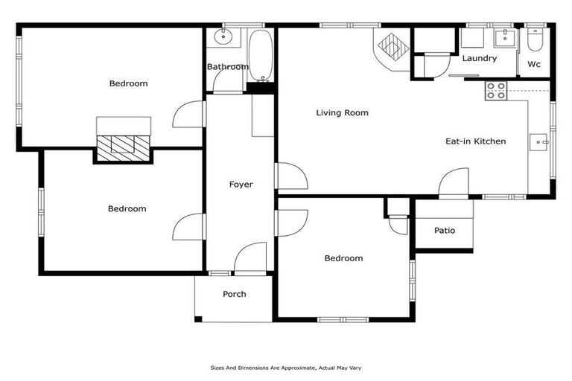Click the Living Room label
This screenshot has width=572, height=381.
342,113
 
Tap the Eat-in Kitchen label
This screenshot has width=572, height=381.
475,141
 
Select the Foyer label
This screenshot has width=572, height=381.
241,185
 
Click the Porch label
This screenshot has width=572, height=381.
234,294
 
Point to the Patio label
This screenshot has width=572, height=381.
444,230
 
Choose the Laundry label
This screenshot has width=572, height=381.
479,58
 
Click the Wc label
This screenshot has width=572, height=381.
534,64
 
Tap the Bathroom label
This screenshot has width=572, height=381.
227,67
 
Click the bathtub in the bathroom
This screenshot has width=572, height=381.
261,55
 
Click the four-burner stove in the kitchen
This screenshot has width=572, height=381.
496,91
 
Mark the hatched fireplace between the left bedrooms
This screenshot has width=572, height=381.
123,144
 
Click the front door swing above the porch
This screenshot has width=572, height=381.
250,258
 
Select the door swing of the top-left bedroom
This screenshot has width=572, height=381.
190,115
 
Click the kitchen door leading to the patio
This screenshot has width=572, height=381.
454,183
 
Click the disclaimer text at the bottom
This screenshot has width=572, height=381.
286,368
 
